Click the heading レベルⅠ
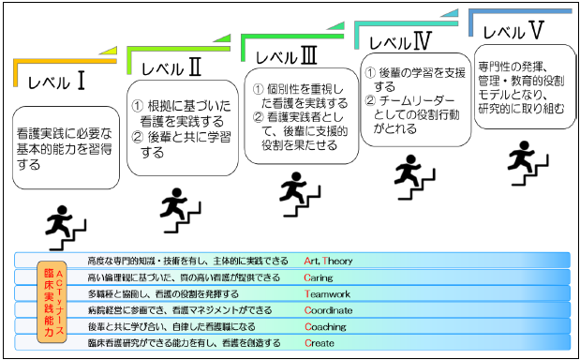pyautogui.click(x=58, y=82)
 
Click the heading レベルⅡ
pyautogui.click(x=171, y=66)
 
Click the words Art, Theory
pyautogui.click(x=328, y=261)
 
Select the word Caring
pyautogui.click(x=317, y=277)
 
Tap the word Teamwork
pyautogui.click(x=326, y=293)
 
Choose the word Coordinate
pyautogui.click(x=328, y=310)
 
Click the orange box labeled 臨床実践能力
pyautogui.click(x=52, y=301)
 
